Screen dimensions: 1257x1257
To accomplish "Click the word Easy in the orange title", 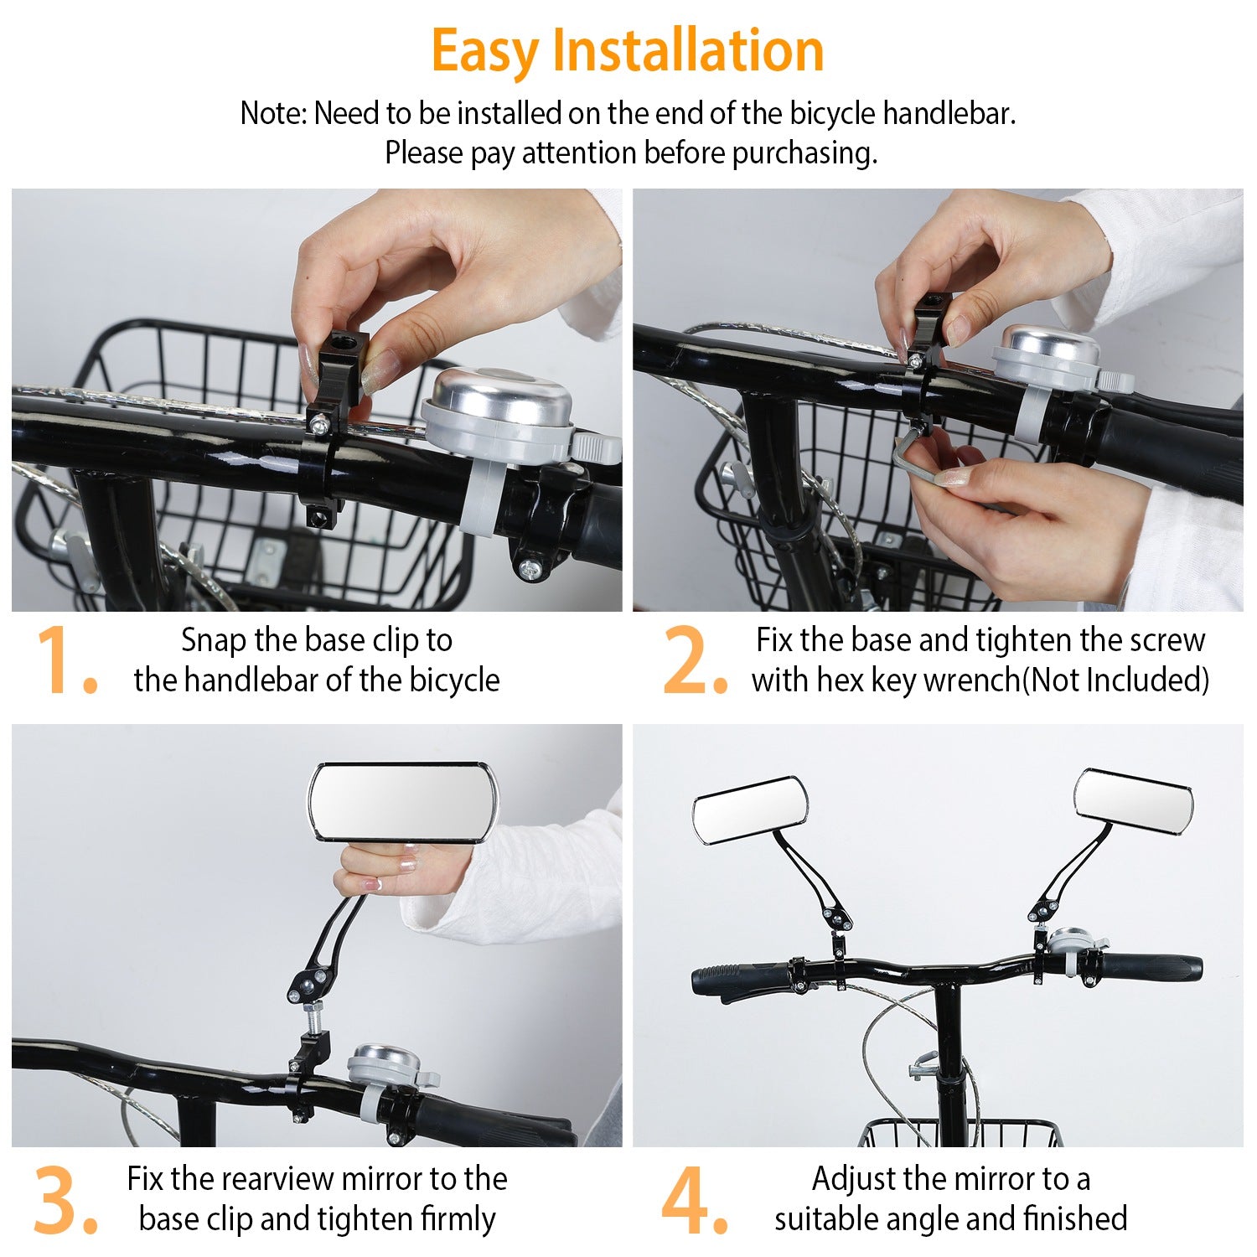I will [x=484, y=52].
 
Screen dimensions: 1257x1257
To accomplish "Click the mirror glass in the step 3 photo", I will [x=402, y=802].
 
